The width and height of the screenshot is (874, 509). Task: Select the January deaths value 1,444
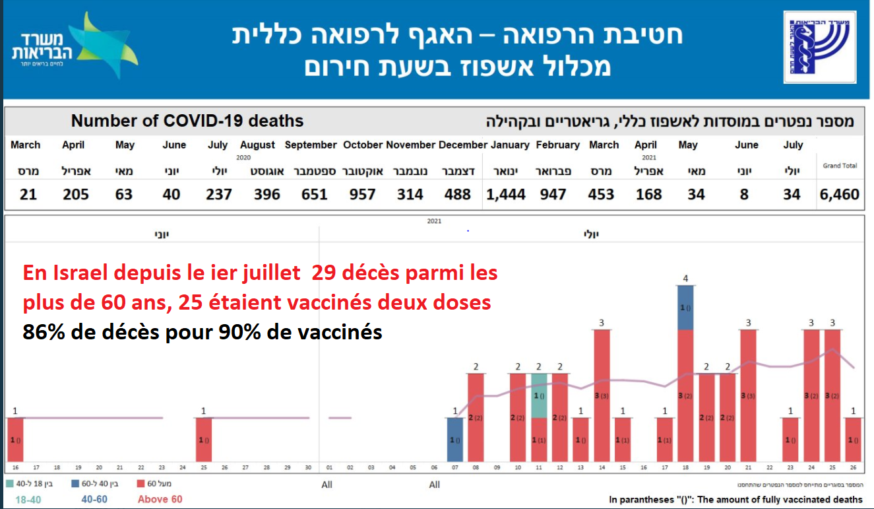[506, 195]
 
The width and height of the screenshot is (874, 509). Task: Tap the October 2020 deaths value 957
[363, 195]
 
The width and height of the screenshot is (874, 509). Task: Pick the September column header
[311, 145]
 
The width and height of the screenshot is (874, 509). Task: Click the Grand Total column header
[840, 166]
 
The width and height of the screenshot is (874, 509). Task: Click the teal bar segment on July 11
[539, 396]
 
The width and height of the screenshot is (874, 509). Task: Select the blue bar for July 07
[455, 440]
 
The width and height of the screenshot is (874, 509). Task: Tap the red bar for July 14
[602, 395]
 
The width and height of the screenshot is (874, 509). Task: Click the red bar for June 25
[204, 440]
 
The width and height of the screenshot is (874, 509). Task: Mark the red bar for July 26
[853, 440]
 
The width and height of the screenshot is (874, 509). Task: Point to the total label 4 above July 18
[686, 279]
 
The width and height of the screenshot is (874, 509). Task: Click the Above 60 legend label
[160, 500]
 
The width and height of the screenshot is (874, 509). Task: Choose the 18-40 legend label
[28, 500]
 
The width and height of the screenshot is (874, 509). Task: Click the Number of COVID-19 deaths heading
[187, 121]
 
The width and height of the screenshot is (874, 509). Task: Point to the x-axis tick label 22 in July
[769, 468]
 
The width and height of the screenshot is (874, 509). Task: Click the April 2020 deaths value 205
[77, 195]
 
